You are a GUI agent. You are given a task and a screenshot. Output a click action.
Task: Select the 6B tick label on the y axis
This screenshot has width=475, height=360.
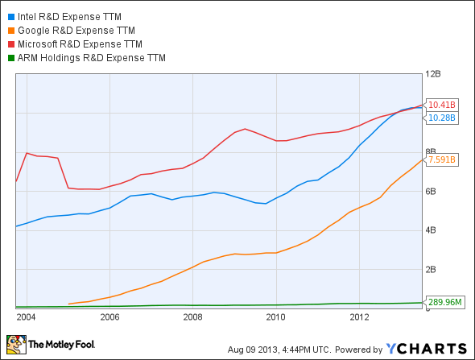[432, 191]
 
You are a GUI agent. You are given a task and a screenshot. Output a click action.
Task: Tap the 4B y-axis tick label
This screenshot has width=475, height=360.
[432, 230]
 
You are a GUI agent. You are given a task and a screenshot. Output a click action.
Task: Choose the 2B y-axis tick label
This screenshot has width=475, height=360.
[432, 269]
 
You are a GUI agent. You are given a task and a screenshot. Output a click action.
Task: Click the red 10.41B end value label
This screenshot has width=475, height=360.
[442, 105]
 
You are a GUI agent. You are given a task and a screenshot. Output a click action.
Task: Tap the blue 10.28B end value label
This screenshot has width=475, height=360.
[442, 118]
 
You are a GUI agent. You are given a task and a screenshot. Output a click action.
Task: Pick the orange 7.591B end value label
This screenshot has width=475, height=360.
[442, 159]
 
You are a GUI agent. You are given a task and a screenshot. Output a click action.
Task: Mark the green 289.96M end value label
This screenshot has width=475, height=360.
[445, 302]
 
